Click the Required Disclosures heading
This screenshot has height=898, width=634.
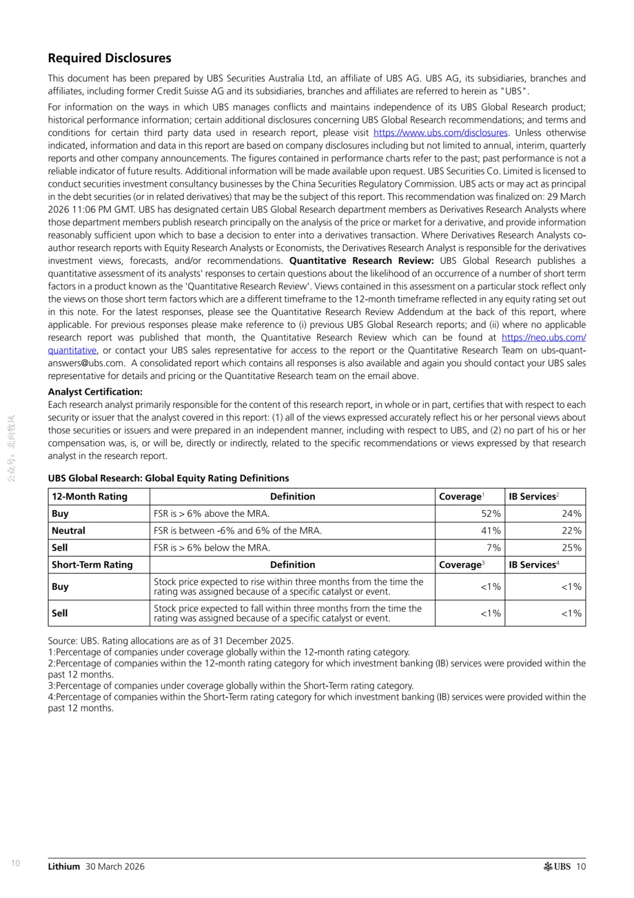click(x=110, y=58)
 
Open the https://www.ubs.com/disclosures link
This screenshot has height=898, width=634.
click(x=440, y=133)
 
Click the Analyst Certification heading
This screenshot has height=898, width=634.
click(x=95, y=392)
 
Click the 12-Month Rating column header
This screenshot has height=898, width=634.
click(x=90, y=497)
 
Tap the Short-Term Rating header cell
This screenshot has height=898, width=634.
click(x=92, y=565)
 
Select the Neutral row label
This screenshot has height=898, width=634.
click(x=69, y=531)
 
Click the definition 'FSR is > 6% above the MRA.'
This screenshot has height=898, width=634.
click(x=212, y=514)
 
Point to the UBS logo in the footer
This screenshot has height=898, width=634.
click(x=557, y=866)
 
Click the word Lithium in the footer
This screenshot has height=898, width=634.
click(x=64, y=866)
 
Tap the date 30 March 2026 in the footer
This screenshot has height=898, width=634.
click(x=115, y=866)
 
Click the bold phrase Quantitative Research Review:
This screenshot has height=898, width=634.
click(x=362, y=261)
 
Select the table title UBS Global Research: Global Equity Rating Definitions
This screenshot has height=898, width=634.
click(x=168, y=478)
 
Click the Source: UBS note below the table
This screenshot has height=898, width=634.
click(x=171, y=641)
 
